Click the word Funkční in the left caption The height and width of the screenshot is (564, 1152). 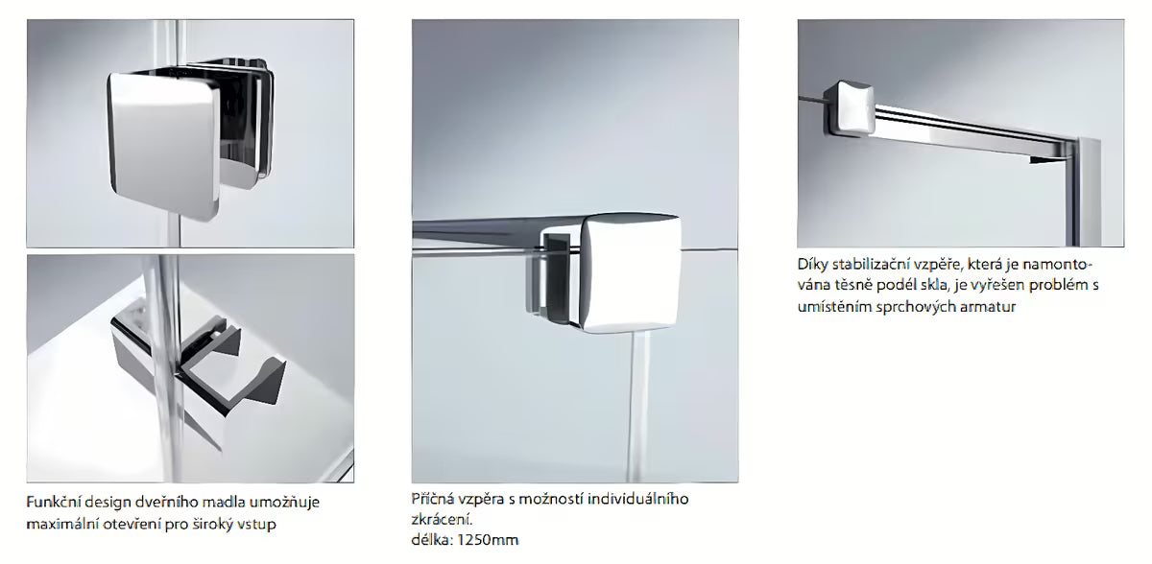[x=55, y=503]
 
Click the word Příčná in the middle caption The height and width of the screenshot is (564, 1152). [x=431, y=500]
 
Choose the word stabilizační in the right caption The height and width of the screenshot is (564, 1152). [x=874, y=263]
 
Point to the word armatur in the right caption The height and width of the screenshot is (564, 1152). [x=985, y=307]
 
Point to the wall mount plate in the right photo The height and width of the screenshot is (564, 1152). [x=1089, y=192]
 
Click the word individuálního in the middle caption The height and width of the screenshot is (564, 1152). [x=643, y=500]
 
